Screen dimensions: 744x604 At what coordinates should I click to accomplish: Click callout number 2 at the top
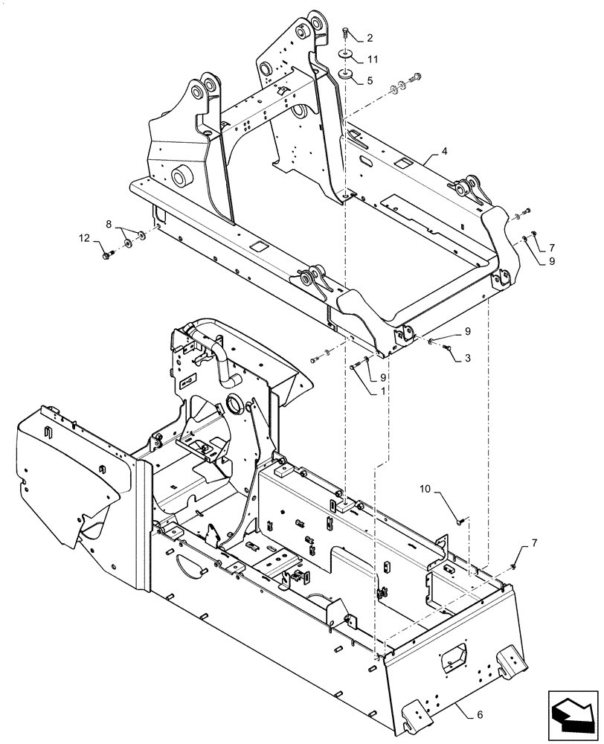[x=370, y=36]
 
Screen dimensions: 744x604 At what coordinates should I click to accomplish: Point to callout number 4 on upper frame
[x=444, y=152]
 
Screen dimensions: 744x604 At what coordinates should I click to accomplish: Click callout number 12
[x=86, y=238]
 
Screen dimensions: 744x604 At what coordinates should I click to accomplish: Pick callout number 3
[x=466, y=358]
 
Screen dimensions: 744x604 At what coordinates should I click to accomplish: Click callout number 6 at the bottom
[x=479, y=714]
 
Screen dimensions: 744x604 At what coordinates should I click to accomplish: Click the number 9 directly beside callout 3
[x=468, y=330]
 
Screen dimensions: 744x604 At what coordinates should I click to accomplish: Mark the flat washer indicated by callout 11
[x=347, y=54]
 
